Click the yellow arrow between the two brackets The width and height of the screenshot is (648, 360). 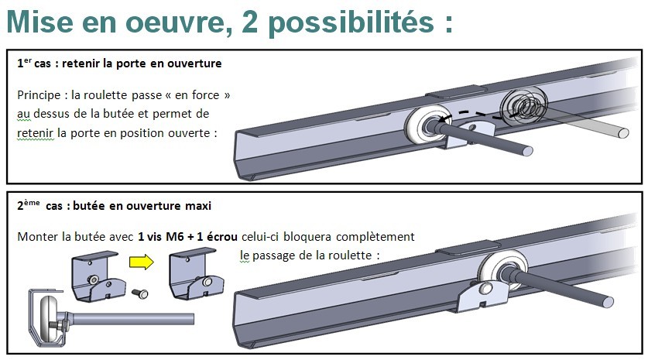[142, 262]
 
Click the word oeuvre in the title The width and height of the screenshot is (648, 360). [175, 22]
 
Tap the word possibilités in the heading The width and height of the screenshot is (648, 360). [351, 22]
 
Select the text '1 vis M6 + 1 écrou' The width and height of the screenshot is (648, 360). [187, 237]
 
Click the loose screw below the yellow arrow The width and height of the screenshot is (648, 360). [140, 293]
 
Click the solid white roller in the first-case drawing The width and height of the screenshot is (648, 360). [427, 124]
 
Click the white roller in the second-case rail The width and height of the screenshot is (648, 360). [502, 269]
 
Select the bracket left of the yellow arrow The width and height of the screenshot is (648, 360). [98, 276]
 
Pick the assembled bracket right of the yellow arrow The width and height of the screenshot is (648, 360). [195, 273]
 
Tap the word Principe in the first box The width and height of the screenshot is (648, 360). [39, 95]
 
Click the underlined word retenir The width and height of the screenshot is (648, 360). [35, 133]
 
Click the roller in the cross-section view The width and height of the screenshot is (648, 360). [49, 316]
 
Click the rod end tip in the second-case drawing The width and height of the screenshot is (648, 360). [608, 302]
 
